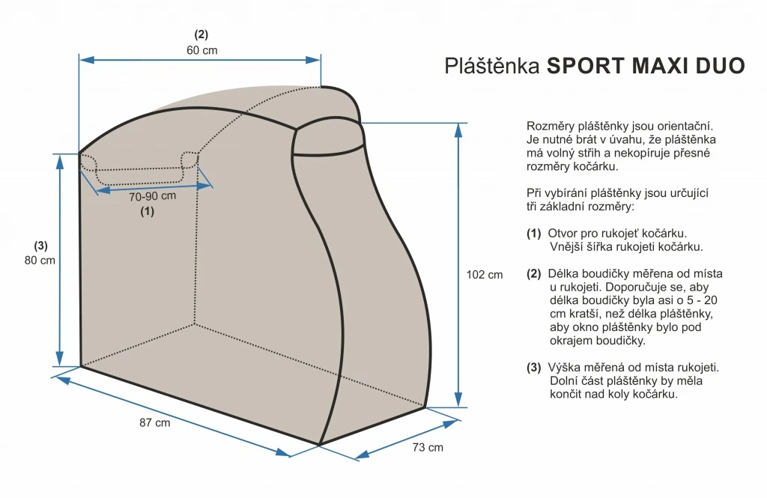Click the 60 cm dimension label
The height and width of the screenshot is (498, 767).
click(x=201, y=50)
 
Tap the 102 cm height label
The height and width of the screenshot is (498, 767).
click(x=485, y=275)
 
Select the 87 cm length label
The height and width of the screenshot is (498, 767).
click(x=154, y=422)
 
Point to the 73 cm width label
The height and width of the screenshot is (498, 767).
click(x=428, y=448)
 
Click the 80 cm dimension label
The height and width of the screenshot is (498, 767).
click(x=40, y=261)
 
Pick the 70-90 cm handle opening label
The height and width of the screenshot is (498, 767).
click(x=152, y=196)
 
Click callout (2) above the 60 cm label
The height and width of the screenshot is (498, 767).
click(x=201, y=34)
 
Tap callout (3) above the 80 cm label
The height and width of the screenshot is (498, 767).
click(x=40, y=246)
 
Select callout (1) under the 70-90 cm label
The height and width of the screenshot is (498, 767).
click(x=148, y=211)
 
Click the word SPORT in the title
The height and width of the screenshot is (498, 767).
click(x=586, y=66)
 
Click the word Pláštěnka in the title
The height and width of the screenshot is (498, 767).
click(x=492, y=66)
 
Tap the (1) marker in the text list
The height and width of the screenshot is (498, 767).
click(x=533, y=234)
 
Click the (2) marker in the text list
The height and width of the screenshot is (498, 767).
click(x=533, y=274)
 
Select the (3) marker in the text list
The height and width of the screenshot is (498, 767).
click(x=533, y=368)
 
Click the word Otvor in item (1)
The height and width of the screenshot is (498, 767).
click(x=562, y=234)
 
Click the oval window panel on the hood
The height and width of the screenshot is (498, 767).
click(x=329, y=138)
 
